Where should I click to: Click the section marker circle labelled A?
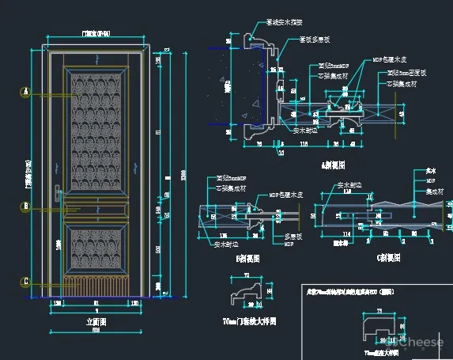26,93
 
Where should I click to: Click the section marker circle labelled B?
26,207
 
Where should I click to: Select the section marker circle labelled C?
26,282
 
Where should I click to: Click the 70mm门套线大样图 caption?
250,322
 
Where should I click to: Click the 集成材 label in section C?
432,190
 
